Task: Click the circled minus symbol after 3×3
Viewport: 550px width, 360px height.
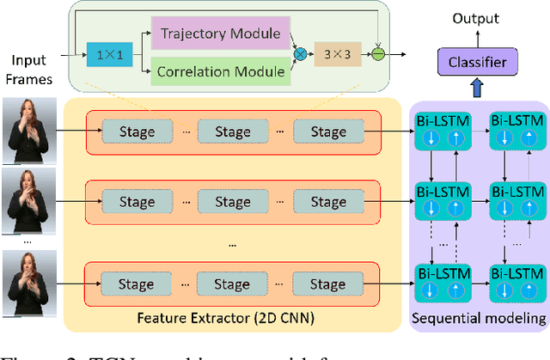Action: pyautogui.click(x=376, y=53)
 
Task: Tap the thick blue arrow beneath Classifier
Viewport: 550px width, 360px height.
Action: pyautogui.click(x=476, y=87)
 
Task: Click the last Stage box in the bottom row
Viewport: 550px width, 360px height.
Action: pyautogui.click(x=327, y=284)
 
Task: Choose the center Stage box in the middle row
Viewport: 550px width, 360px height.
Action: pyautogui.click(x=231, y=204)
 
